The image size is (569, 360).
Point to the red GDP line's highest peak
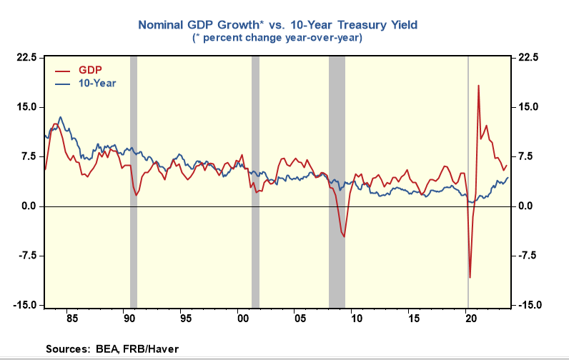(478, 86)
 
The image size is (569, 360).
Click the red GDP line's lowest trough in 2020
(470, 277)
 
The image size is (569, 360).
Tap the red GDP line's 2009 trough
(344, 236)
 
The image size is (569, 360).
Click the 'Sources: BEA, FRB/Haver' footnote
(112, 349)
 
